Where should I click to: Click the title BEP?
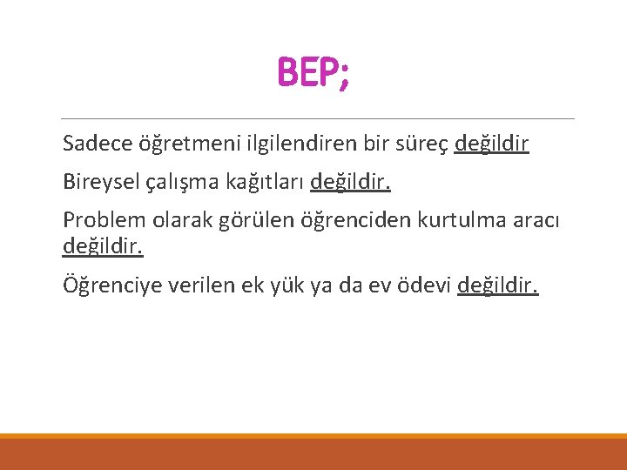coord(313,74)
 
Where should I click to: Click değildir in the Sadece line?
coord(491,143)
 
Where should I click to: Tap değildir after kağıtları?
coord(350,182)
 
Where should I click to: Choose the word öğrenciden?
coord(354,222)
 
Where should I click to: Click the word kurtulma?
coord(462,221)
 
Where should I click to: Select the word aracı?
coord(538,221)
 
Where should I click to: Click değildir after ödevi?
coord(498,285)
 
